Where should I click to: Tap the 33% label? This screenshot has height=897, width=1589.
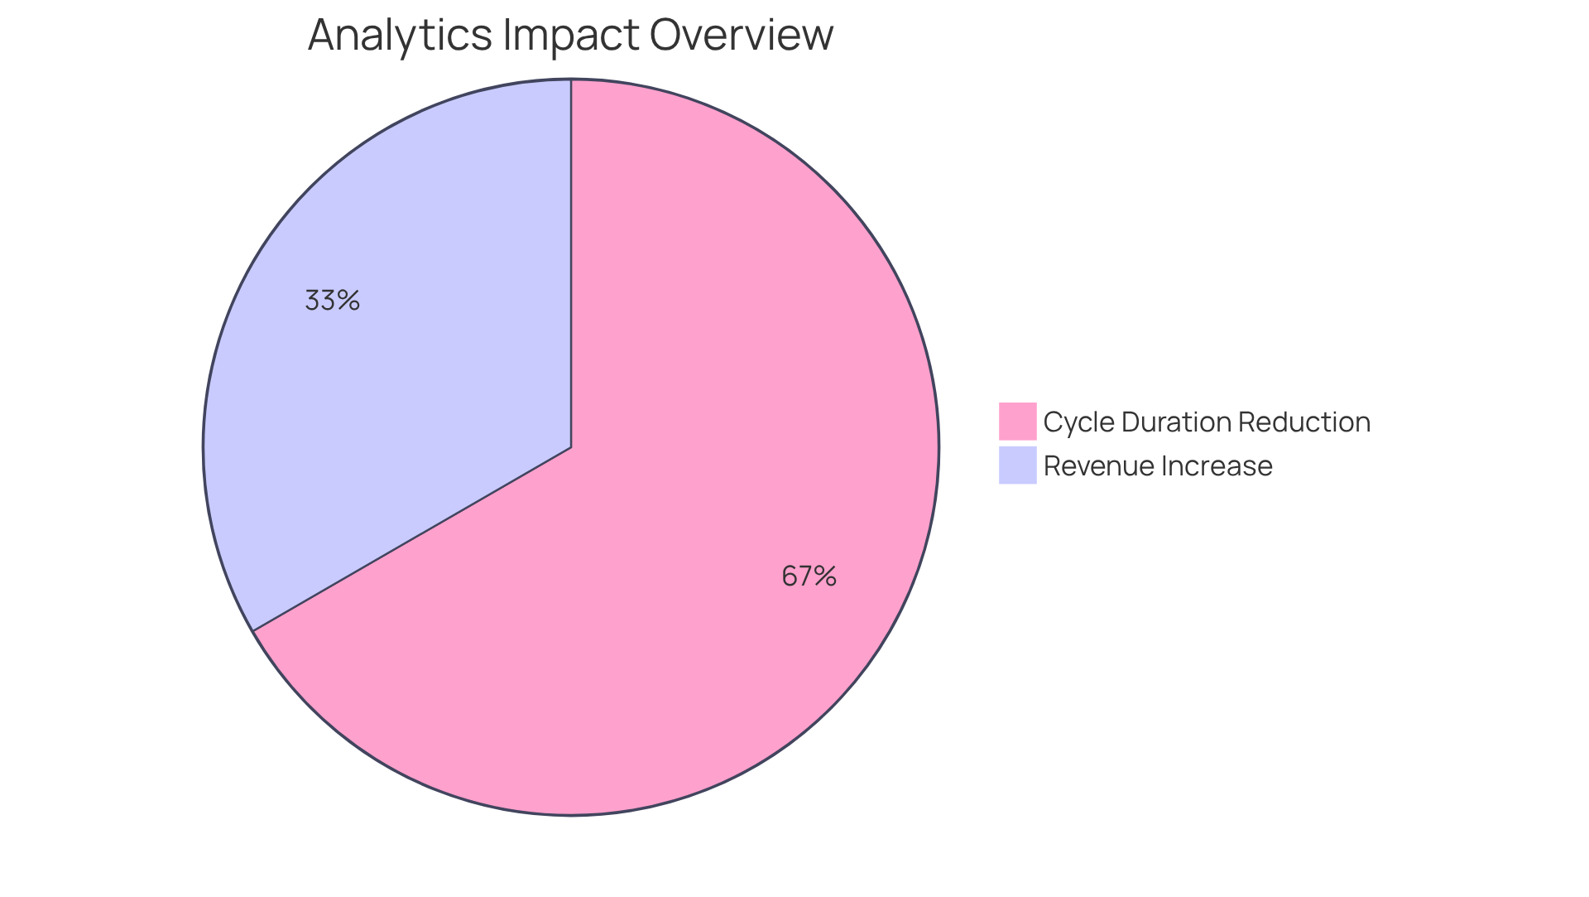click(x=332, y=300)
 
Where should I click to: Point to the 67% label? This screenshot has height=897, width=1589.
click(x=809, y=576)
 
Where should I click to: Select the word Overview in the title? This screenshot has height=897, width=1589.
click(x=741, y=36)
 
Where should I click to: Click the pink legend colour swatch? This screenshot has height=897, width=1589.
click(x=1017, y=422)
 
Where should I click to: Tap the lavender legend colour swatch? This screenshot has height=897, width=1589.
click(x=1017, y=465)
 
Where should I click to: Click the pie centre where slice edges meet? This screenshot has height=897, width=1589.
click(x=571, y=447)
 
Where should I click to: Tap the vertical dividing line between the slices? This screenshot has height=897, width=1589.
click(x=571, y=265)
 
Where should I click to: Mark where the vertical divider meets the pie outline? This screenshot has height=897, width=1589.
click(x=571, y=80)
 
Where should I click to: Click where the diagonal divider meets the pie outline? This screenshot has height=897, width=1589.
click(x=253, y=631)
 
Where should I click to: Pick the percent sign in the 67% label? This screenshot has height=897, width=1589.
click(x=825, y=576)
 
